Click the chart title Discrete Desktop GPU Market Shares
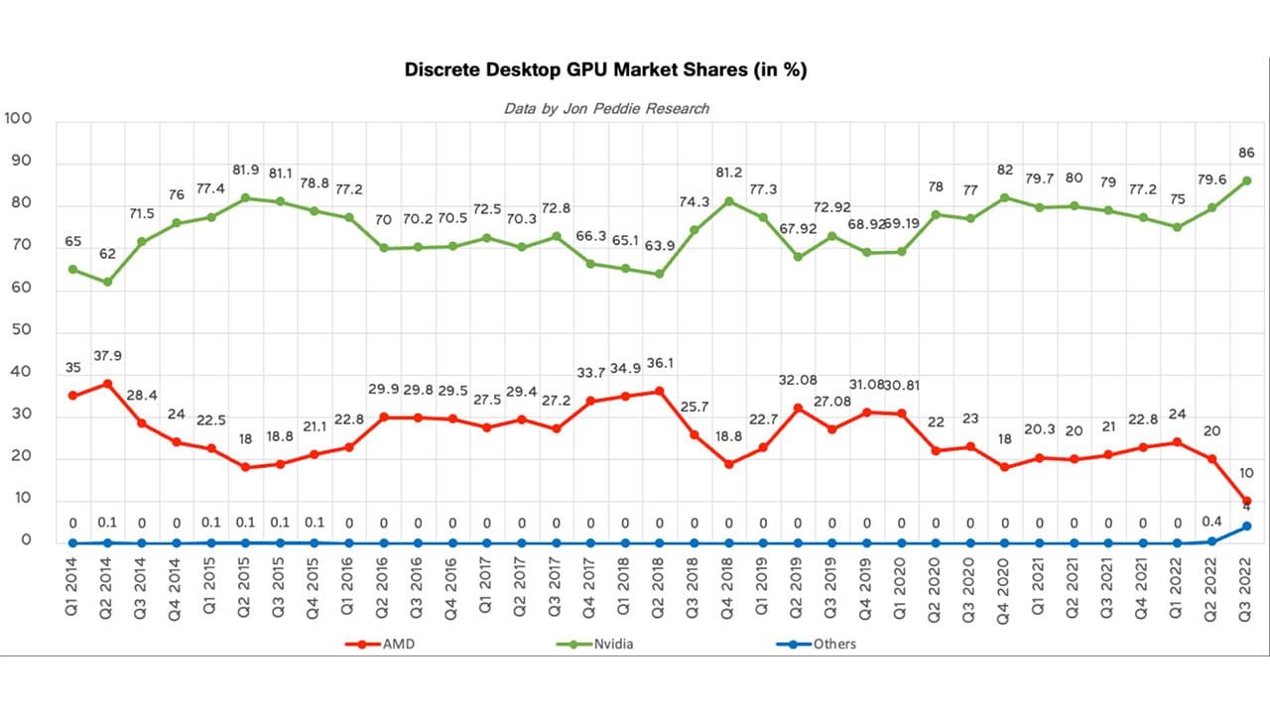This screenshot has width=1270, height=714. click(x=605, y=70)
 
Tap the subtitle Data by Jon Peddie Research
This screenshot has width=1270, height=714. click(x=606, y=108)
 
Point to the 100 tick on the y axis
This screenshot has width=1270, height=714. click(x=20, y=119)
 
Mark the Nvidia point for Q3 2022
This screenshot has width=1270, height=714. click(x=1246, y=180)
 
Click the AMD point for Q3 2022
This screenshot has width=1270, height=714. click(x=1246, y=501)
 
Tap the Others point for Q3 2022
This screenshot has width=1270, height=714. click(x=1246, y=527)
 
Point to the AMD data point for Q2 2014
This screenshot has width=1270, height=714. click(x=107, y=384)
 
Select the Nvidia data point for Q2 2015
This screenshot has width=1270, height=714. click(x=245, y=198)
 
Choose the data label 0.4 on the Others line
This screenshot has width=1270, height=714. click(x=1211, y=522)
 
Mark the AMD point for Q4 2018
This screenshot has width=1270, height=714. click(x=728, y=464)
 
